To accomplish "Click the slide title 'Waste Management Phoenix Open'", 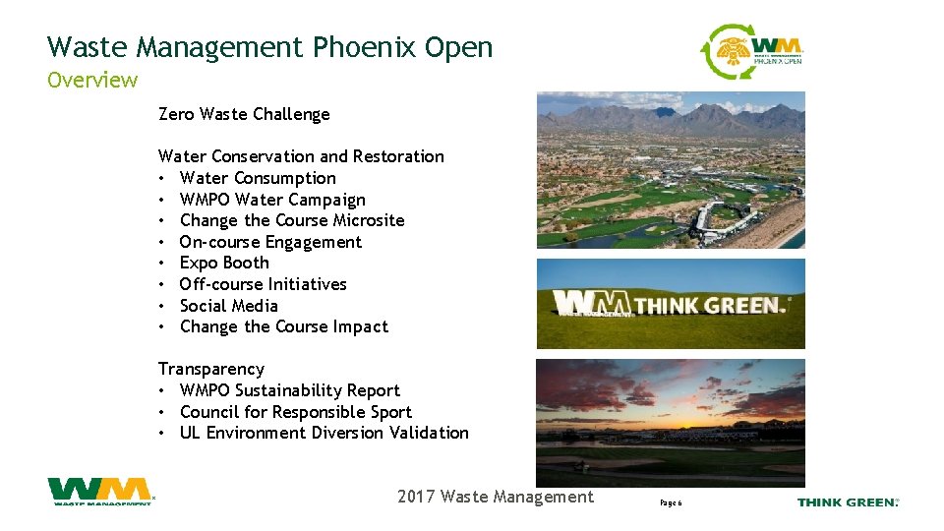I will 269,47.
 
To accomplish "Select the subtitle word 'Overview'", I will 92,80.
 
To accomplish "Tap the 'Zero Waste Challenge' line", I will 244,114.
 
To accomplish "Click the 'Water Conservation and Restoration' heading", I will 301,156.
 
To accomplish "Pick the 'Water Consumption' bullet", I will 258,178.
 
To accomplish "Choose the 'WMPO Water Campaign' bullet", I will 272,200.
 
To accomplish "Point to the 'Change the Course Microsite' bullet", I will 292,220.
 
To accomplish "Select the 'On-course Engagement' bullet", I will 270,242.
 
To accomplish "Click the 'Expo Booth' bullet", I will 224,263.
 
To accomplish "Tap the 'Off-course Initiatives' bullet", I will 264,284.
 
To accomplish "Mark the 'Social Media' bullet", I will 229,306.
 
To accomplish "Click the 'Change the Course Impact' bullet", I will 284,326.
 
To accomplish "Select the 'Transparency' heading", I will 211,369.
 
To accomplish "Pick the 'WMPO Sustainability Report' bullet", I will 290,390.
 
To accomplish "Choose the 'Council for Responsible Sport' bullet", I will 296,412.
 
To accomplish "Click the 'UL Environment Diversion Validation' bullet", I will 324,433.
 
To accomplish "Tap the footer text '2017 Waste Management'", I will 496,497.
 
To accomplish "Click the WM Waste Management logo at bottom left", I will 100,492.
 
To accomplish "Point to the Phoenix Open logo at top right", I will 752,52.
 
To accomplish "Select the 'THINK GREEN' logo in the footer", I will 847,502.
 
